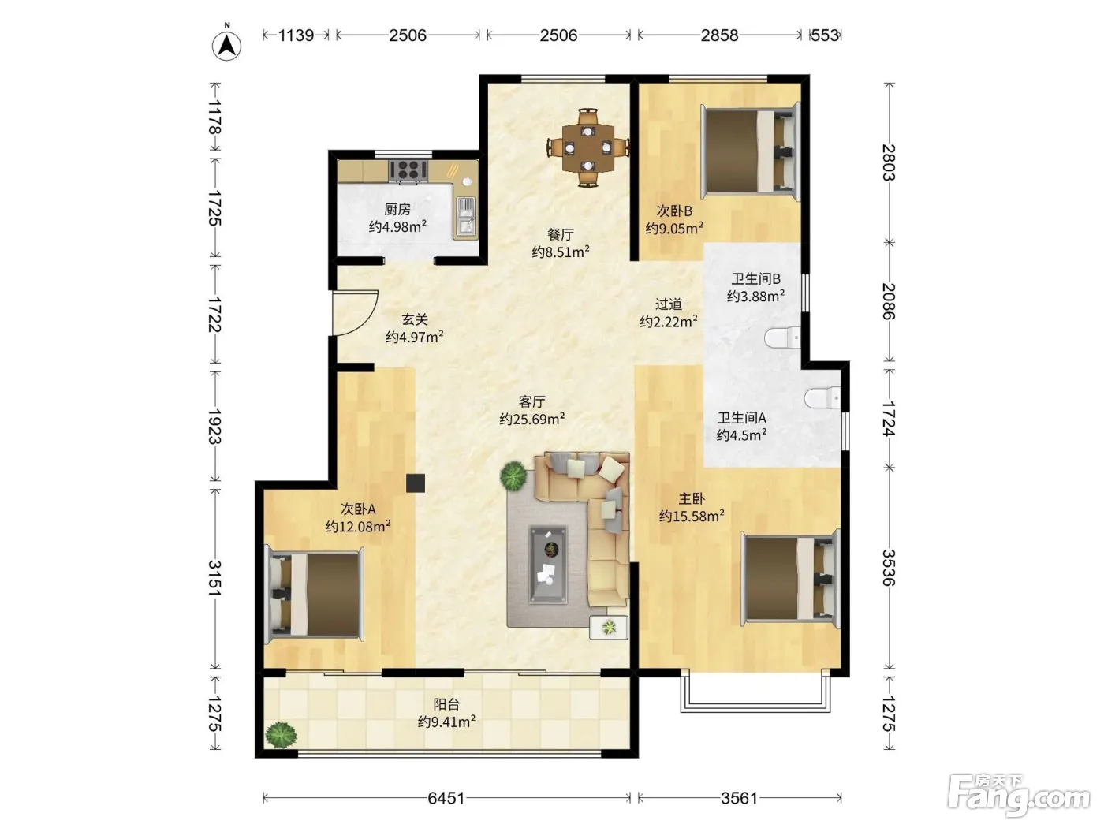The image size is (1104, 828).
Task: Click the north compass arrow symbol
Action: (x=227, y=46)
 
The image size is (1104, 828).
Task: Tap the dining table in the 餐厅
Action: (x=588, y=147)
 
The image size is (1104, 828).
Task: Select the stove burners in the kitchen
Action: (x=408, y=170)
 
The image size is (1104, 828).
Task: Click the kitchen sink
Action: (x=465, y=217)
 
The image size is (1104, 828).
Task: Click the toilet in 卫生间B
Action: (x=782, y=337)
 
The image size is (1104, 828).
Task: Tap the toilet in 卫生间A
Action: (x=822, y=397)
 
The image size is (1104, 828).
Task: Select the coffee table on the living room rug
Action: (x=548, y=564)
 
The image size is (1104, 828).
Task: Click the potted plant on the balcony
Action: (x=282, y=735)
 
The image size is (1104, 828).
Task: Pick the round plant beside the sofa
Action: (x=513, y=476)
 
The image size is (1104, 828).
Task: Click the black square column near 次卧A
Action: (x=416, y=483)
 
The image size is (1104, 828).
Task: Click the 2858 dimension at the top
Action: (x=720, y=35)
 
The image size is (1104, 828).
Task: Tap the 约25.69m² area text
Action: (x=532, y=419)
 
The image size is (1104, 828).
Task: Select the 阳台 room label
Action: (x=446, y=704)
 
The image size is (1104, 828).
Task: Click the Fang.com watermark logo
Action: (x=1019, y=797)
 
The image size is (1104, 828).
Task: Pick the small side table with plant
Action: (x=609, y=628)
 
